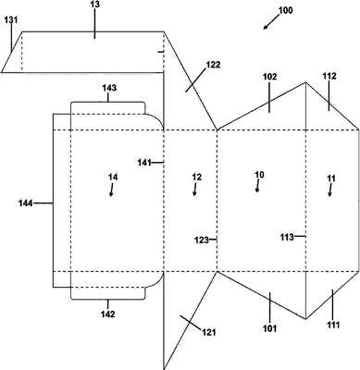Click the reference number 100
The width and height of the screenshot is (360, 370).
pos(285,10)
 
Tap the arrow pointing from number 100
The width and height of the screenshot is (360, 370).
pos(271,22)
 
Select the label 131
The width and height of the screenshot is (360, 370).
pos(11,20)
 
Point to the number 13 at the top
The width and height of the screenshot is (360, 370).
pos(95,5)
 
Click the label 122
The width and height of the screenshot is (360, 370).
pos(214,65)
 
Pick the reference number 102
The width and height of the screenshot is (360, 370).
pos(269,77)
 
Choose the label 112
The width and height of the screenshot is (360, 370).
pos(329,76)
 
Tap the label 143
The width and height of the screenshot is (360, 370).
pos(109,88)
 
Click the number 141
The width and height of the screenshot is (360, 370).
pos(144,162)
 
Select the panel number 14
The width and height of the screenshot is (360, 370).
pos(113,177)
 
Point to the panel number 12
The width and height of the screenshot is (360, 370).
pos(197,177)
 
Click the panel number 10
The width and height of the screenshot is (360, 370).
pos(259,175)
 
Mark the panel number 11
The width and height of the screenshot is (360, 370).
pos(331,179)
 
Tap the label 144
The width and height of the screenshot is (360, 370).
pos(26,203)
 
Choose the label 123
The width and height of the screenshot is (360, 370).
pos(202,240)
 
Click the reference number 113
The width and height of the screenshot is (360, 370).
pos(287,237)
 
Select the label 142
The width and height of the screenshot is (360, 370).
pos(107,314)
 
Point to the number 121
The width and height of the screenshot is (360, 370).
pos(209,332)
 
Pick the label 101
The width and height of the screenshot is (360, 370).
pos(269,328)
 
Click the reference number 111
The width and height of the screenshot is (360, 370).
pos(332,325)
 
